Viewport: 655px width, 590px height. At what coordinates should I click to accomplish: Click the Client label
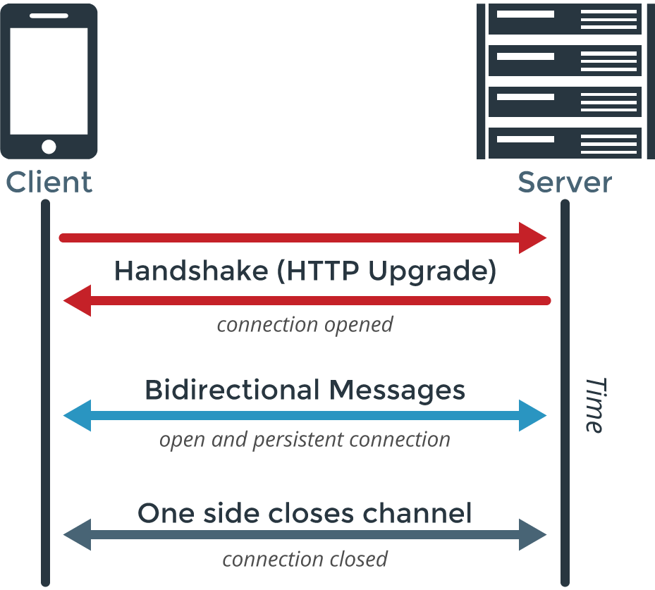(49, 182)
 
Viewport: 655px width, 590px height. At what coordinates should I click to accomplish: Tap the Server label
(564, 182)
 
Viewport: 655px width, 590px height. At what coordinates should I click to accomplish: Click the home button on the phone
(49, 146)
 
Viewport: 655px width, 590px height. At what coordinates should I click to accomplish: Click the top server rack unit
(564, 20)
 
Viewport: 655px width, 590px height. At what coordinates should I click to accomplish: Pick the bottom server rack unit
(564, 142)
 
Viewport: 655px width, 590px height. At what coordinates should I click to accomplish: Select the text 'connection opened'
(305, 325)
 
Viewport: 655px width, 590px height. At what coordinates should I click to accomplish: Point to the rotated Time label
(594, 405)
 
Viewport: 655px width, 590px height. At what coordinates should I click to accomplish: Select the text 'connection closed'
(305, 559)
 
